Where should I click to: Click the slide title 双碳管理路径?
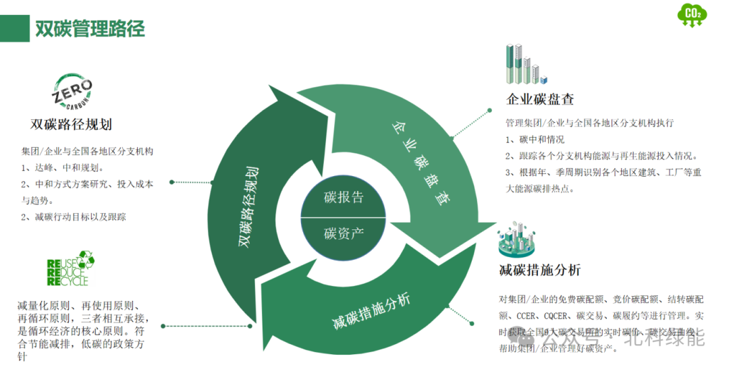(90, 29)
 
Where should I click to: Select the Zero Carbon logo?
(73, 92)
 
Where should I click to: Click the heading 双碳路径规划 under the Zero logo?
(71, 125)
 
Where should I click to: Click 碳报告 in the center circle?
(344, 198)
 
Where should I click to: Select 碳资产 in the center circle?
(344, 234)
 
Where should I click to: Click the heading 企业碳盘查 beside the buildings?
(540, 99)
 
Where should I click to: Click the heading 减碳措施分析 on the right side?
(539, 271)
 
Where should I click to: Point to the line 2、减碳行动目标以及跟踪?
(74, 217)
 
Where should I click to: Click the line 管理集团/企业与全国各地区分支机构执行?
(589, 123)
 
